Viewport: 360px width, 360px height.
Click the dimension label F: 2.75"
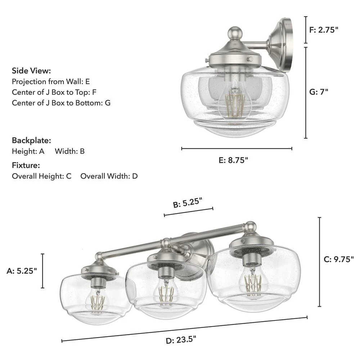pyautogui.click(x=324, y=30)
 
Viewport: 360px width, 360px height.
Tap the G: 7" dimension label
pyautogui.click(x=319, y=91)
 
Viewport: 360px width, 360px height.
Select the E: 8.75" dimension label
pyautogui.click(x=233, y=160)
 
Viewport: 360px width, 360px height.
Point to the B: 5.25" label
pyautogui.click(x=188, y=202)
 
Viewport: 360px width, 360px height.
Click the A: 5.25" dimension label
pyautogui.click(x=22, y=271)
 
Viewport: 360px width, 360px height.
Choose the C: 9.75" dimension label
pyautogui.click(x=339, y=259)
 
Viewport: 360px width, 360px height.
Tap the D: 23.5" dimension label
pyautogui.click(x=181, y=340)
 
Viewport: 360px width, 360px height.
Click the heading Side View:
pyautogui.click(x=31, y=71)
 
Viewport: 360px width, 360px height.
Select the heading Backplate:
pyautogui.click(x=31, y=140)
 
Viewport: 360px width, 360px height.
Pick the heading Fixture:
pyautogui.click(x=26, y=165)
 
